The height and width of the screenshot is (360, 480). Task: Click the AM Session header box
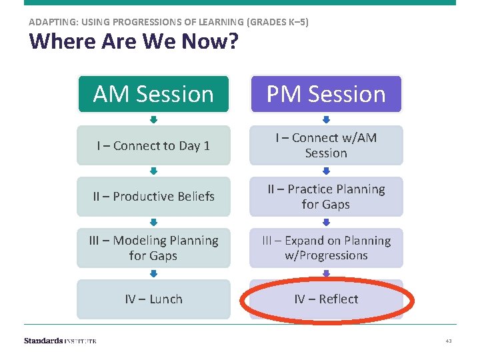(x=153, y=94)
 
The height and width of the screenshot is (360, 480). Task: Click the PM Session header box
(x=326, y=94)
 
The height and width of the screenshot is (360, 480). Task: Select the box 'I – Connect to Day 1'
(x=153, y=145)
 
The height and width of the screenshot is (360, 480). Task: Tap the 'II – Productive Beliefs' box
(x=153, y=197)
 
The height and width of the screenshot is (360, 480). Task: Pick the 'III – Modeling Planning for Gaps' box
(x=153, y=248)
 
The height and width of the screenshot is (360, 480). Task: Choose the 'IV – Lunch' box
(x=153, y=299)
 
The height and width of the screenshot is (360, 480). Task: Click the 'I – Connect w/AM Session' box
(x=326, y=145)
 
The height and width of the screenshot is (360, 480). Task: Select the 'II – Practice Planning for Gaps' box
(x=326, y=197)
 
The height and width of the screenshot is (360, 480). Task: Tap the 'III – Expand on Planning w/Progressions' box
(x=326, y=248)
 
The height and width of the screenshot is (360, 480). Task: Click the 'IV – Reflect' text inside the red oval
(x=326, y=299)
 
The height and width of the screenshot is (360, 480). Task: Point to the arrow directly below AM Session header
(x=153, y=120)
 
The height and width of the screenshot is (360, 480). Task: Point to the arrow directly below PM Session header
(x=326, y=120)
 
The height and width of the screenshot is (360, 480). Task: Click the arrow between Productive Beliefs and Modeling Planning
(x=153, y=223)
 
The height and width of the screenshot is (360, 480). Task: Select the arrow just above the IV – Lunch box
(x=153, y=274)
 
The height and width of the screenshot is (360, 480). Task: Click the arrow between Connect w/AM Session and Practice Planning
(x=326, y=171)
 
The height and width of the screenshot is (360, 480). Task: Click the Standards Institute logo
(x=60, y=341)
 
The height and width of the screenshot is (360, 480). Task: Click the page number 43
(x=449, y=341)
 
